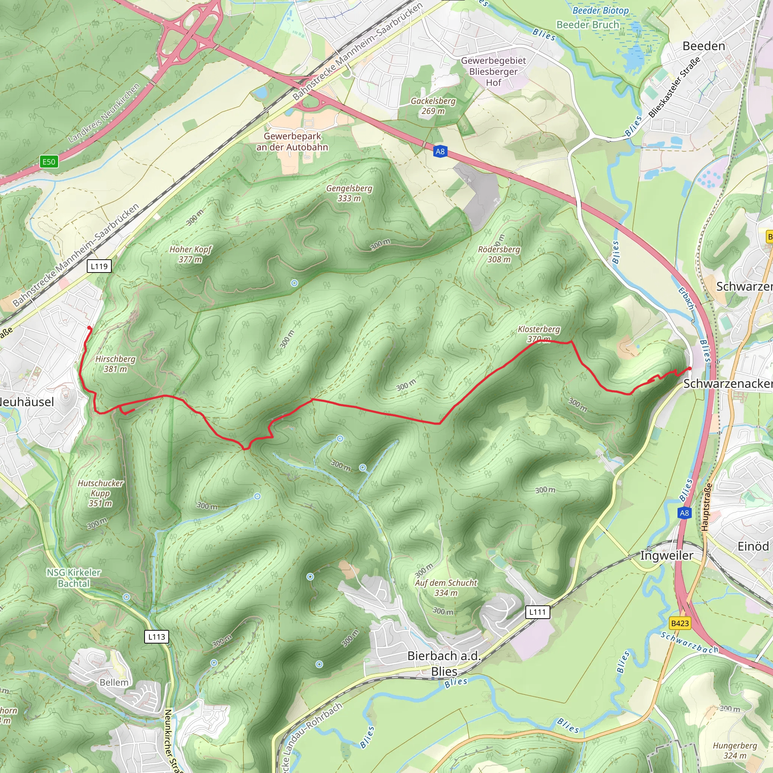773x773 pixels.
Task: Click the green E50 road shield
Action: click(49, 162)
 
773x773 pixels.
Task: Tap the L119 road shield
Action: click(99, 266)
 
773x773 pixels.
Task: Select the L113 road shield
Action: click(156, 637)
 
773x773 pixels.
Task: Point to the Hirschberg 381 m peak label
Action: click(115, 364)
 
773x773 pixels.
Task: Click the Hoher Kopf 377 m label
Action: click(191, 254)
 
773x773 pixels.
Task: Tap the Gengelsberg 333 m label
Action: click(349, 193)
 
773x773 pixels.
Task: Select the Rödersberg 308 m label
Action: click(499, 254)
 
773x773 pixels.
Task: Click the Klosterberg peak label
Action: click(539, 334)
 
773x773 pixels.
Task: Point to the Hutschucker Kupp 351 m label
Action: click(100, 493)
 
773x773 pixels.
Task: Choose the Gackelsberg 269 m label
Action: click(433, 106)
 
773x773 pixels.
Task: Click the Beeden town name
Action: click(704, 46)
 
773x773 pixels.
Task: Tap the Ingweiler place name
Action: click(666, 555)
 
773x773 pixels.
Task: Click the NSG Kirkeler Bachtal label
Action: click(74, 578)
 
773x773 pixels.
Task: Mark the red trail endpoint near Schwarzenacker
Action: click(689, 368)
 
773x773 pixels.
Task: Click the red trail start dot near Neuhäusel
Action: click(89, 328)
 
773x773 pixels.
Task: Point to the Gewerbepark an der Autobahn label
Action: click(292, 142)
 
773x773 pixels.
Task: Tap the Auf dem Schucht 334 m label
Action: click(446, 588)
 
